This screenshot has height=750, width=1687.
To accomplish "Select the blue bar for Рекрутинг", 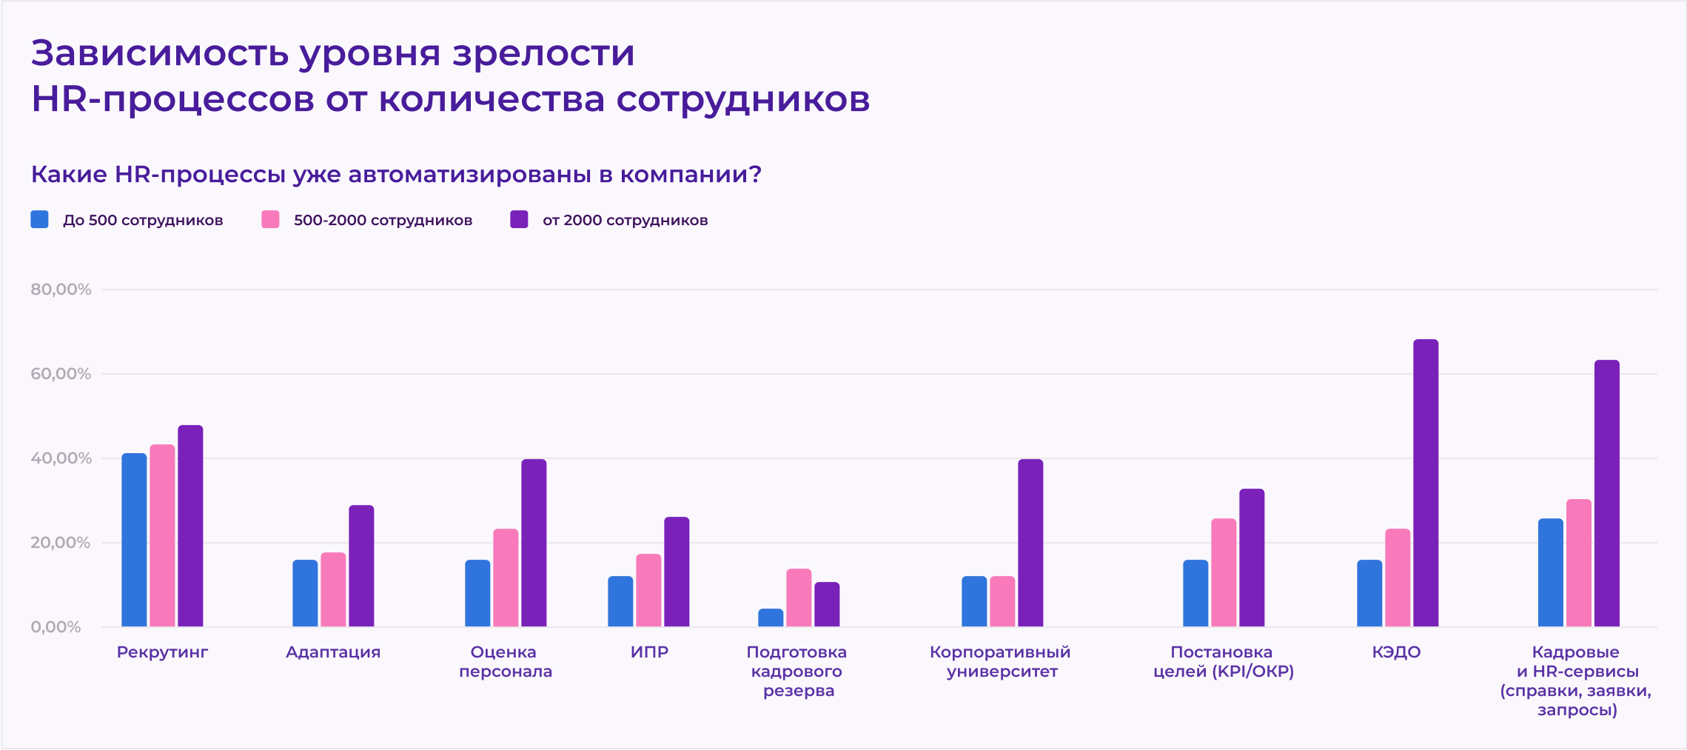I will [x=134, y=540].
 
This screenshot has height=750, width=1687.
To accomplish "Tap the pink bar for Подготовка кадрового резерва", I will [x=799, y=598].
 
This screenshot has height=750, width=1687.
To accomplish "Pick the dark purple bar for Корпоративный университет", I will [x=1030, y=543].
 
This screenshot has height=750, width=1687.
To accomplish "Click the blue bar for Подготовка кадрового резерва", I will [x=771, y=618].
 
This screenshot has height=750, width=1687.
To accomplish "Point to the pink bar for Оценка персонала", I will [x=506, y=578].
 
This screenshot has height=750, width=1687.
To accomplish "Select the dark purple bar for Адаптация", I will [x=361, y=566].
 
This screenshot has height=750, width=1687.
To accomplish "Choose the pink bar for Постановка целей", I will [x=1224, y=573].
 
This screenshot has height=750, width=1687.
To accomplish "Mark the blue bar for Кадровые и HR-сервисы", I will [x=1551, y=573].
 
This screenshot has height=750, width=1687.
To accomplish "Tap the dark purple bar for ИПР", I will [x=677, y=572].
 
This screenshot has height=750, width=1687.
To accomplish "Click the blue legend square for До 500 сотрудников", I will [x=40, y=220].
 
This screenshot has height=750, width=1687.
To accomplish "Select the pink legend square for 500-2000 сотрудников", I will [x=270, y=220].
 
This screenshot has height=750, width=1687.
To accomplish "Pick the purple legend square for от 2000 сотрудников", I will [x=519, y=220].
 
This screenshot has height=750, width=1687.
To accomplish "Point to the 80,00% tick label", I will [x=61, y=289].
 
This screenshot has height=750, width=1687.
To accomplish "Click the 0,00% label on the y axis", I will [x=56, y=627].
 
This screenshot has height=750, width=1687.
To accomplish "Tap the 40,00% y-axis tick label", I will [x=61, y=458].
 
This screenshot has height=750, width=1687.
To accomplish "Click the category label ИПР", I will [x=649, y=652].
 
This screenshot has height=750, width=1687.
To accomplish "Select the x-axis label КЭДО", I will [x=1396, y=652].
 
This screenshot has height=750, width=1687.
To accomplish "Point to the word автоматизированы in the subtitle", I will [x=471, y=175].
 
